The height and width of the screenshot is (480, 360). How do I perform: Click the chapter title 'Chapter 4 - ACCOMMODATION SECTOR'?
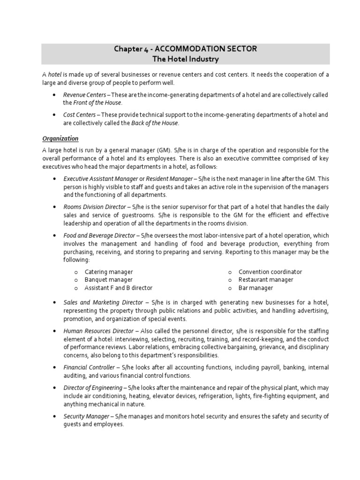pyautogui.click(x=186, y=49)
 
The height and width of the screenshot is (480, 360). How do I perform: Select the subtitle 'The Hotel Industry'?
pyautogui.click(x=186, y=60)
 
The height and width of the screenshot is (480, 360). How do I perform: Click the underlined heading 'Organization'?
pyautogui.click(x=60, y=138)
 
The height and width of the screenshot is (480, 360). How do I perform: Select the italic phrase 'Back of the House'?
pyautogui.click(x=155, y=123)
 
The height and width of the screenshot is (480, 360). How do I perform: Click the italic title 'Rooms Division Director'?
pyautogui.click(x=94, y=207)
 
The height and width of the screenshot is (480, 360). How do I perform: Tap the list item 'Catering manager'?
pyautogui.click(x=109, y=272)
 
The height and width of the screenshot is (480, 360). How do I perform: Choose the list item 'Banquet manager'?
pyautogui.click(x=108, y=280)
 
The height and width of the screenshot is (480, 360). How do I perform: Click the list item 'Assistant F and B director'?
pyautogui.click(x=119, y=288)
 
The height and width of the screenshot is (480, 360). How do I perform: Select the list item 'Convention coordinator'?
pyautogui.click(x=270, y=272)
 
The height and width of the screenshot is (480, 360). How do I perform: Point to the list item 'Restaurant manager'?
pyautogui.click(x=266, y=280)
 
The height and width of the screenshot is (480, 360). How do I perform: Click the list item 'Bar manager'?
pyautogui.click(x=255, y=288)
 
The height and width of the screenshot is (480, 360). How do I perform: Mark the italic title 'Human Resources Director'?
pyautogui.click(x=98, y=331)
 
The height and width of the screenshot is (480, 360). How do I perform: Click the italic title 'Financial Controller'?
pyautogui.click(x=89, y=367)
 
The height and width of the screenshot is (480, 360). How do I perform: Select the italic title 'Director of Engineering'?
pyautogui.click(x=93, y=388)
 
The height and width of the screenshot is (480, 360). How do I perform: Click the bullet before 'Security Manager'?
pyautogui.click(x=56, y=416)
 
